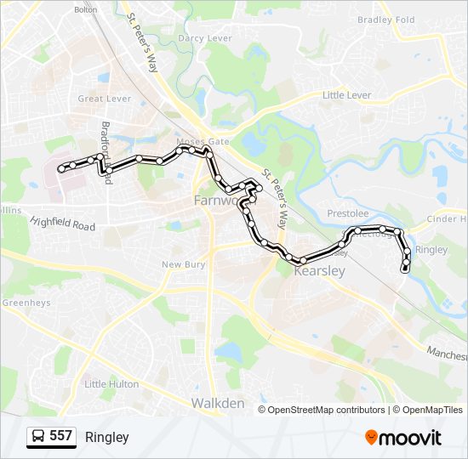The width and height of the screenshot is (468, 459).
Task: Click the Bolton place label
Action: pyautogui.click(x=86, y=9)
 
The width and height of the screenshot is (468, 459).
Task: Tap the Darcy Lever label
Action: pyautogui.click(x=204, y=38)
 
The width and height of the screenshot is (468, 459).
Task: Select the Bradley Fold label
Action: pyautogui.click(x=385, y=20)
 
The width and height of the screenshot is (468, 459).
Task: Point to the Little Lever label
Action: pyautogui.click(x=346, y=95)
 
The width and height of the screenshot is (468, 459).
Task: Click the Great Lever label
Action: pyautogui.click(x=104, y=99)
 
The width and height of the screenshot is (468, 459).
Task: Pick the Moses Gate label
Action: pyautogui.click(x=196, y=141)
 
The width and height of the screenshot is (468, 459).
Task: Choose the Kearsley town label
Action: pyautogui.click(x=319, y=271)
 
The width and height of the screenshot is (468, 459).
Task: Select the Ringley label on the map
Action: pyautogui.click(x=431, y=250)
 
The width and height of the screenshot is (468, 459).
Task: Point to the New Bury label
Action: pyautogui.click(x=184, y=264)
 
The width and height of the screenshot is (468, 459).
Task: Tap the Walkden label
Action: pyautogui.click(x=218, y=402)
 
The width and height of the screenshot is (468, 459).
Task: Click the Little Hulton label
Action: pyautogui.click(x=111, y=384)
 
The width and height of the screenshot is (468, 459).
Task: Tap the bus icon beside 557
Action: pyautogui.click(x=39, y=436)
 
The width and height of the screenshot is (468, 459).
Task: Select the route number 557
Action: pyautogui.click(x=61, y=436)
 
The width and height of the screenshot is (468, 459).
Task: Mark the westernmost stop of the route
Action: pyautogui.click(x=60, y=170)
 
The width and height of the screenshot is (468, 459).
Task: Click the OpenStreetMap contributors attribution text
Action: pyautogui.click(x=326, y=410)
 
